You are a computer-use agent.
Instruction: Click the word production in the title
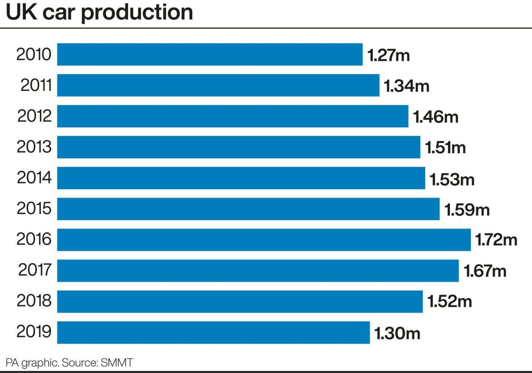click(137, 13)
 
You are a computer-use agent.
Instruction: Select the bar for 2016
click(264, 240)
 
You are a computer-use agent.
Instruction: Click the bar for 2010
click(209, 54)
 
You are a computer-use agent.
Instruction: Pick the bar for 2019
click(213, 332)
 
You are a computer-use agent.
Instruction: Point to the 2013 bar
click(238, 147)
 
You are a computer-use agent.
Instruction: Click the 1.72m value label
click(496, 240)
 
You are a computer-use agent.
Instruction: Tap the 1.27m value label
click(388, 55)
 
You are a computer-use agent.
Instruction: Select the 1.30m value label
click(397, 333)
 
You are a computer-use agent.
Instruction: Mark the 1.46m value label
click(435, 117)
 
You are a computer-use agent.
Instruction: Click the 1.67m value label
click(485, 271)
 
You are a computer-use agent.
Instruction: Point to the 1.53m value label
click(451, 179)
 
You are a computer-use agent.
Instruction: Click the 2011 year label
click(36, 85)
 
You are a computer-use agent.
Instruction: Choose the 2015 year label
click(34, 208)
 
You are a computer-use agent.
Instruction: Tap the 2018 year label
click(34, 301)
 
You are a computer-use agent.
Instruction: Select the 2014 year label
click(34, 177)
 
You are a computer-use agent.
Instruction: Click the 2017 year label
click(35, 270)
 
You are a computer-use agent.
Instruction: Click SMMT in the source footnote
click(116, 362)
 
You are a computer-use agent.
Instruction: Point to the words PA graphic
click(32, 363)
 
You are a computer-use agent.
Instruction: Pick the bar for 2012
click(232, 116)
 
